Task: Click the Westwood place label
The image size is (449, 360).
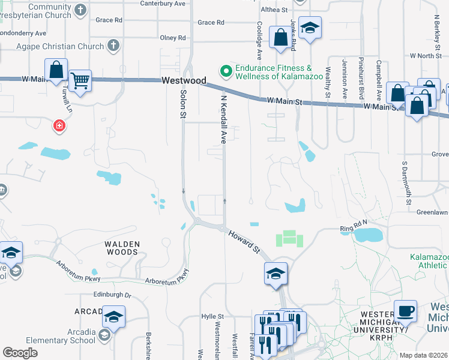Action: tap(184, 80)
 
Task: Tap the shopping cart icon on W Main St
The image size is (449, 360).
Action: tap(80, 80)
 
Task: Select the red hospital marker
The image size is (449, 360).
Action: tap(59, 125)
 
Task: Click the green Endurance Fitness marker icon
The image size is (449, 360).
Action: tap(226, 71)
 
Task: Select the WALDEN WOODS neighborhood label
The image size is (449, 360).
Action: tap(122, 248)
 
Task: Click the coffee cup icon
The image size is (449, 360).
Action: tap(406, 310)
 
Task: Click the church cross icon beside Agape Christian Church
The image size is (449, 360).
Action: tap(113, 46)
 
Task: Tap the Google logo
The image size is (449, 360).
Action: tap(20, 353)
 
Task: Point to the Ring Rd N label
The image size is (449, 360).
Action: tap(353, 226)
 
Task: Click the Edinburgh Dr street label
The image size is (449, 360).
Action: tap(112, 295)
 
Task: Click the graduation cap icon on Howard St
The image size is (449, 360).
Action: tap(276, 274)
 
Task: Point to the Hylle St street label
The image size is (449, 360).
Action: tap(212, 316)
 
